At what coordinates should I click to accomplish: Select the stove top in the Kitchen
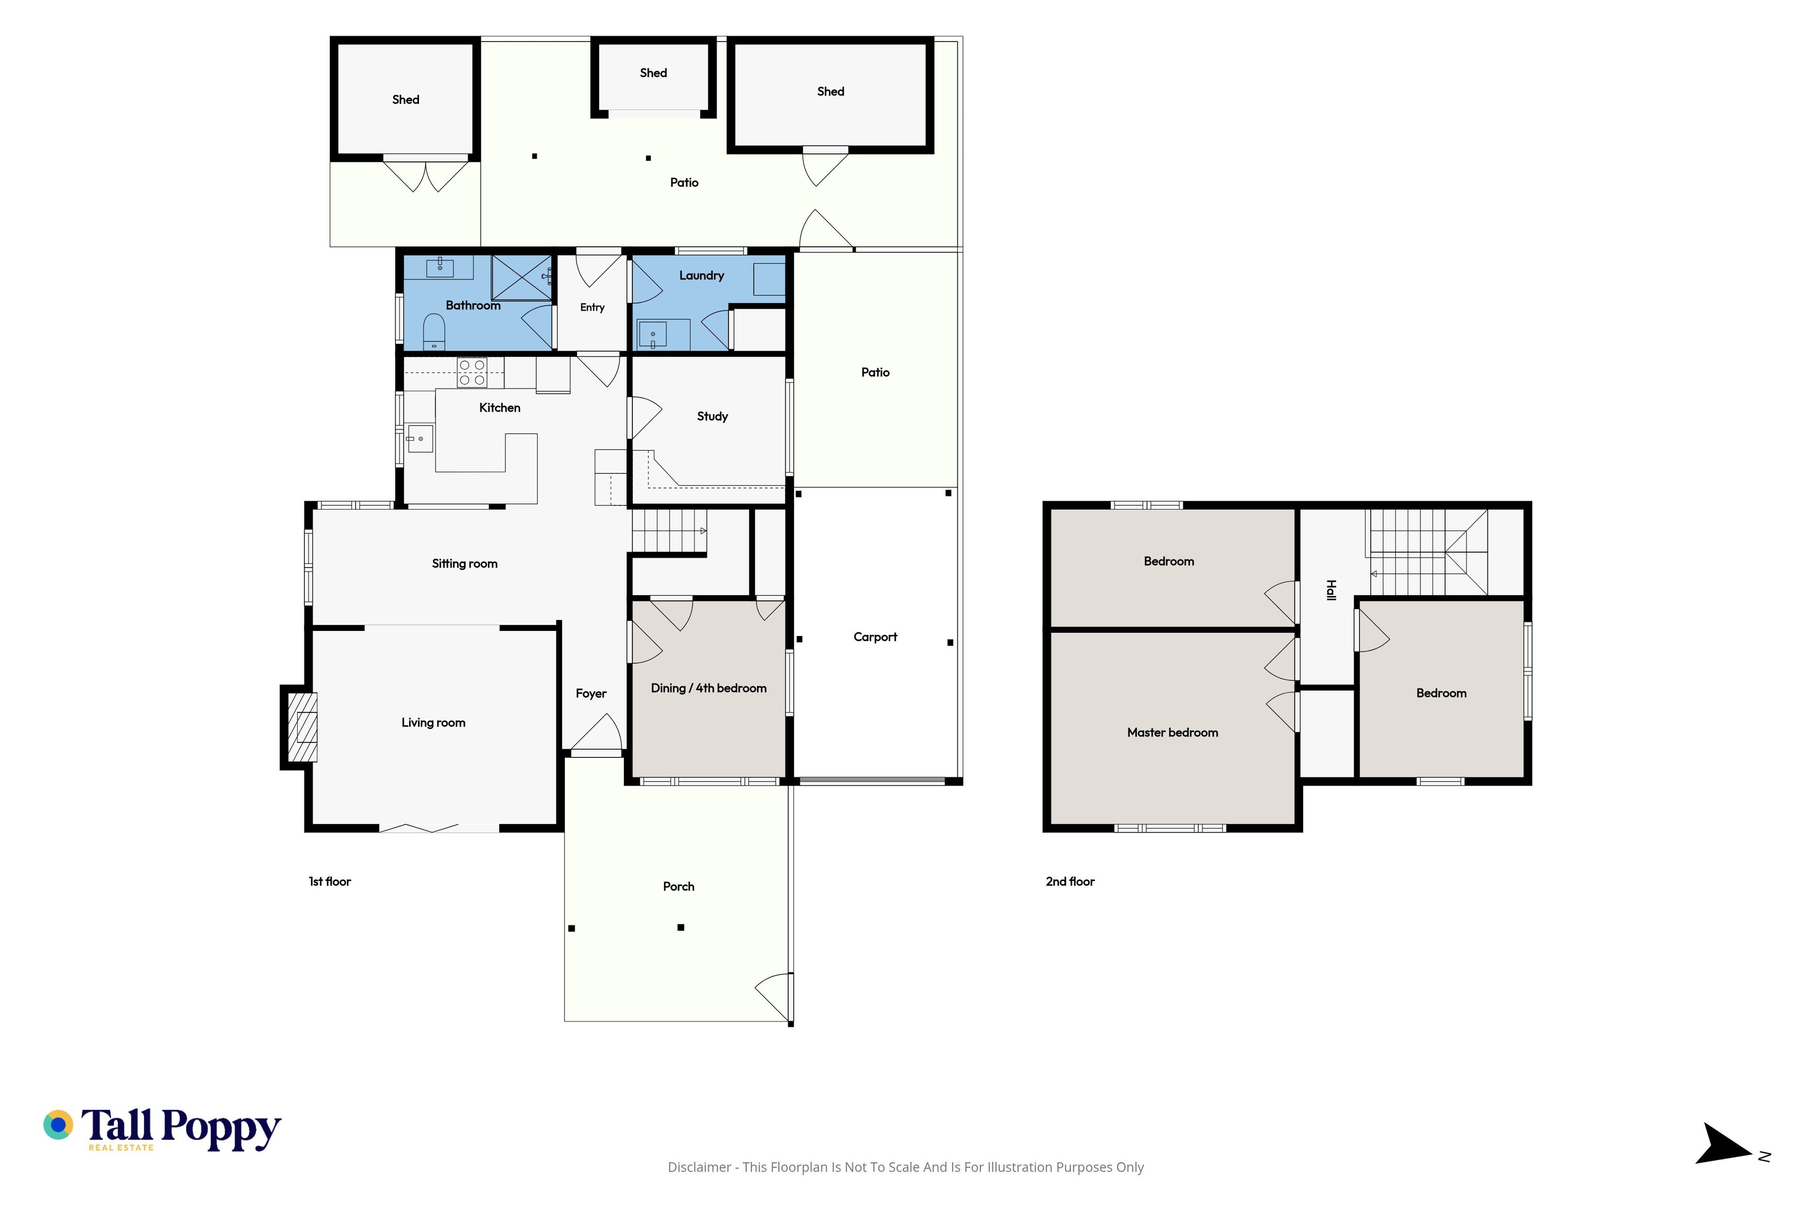[471, 373]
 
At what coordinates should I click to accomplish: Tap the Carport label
[875, 637]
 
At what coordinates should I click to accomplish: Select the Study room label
[712, 417]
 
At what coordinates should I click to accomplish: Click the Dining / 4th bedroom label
[709, 688]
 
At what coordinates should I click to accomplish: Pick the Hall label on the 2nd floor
[1331, 590]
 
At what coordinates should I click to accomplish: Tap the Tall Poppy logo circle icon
[58, 1125]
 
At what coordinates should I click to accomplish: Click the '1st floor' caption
[330, 881]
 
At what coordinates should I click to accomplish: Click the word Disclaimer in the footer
[699, 1167]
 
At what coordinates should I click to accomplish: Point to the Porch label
[678, 887]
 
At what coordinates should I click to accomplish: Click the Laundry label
[701, 276]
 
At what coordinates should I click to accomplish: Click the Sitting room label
[464, 564]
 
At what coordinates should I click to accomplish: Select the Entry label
[592, 307]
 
